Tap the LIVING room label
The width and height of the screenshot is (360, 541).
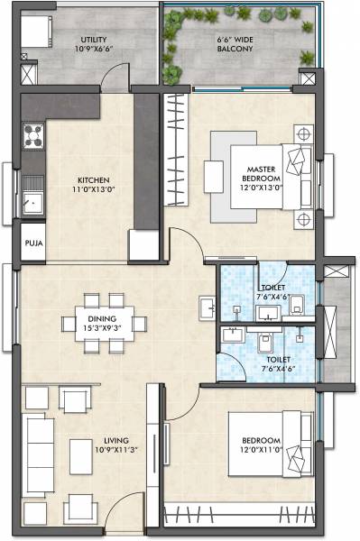pos(91,443)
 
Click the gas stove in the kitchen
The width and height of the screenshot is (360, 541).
pos(33,137)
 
